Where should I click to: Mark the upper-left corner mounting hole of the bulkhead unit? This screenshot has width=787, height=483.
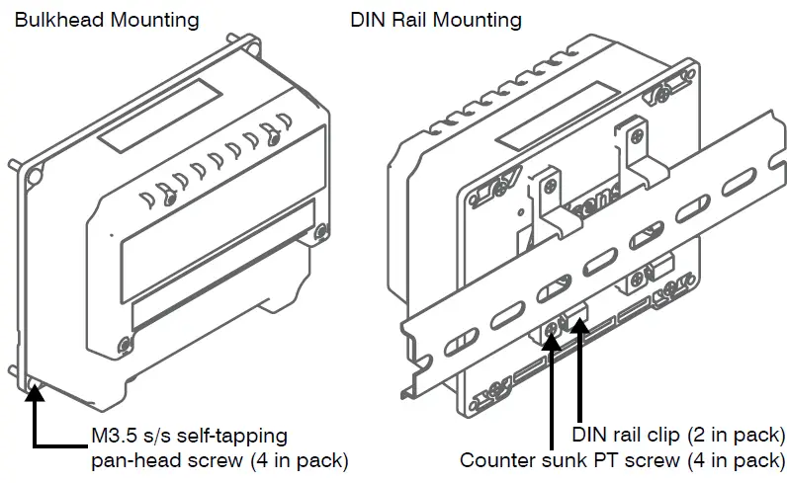[35, 177]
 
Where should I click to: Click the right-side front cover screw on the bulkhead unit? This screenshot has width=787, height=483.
[320, 234]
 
